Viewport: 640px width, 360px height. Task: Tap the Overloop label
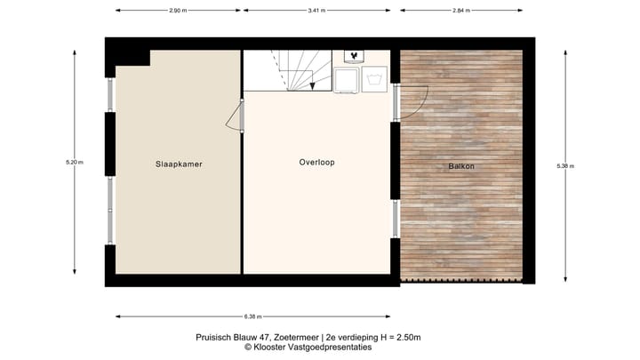(x=316, y=163)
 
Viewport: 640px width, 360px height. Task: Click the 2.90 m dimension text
(x=178, y=11)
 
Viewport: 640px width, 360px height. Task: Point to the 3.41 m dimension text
(x=316, y=11)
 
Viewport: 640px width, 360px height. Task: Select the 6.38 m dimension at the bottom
(x=252, y=316)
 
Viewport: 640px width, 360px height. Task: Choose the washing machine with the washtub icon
(x=375, y=80)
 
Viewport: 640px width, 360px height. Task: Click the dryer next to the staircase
(x=346, y=80)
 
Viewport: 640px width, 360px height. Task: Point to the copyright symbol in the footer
(x=249, y=348)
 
